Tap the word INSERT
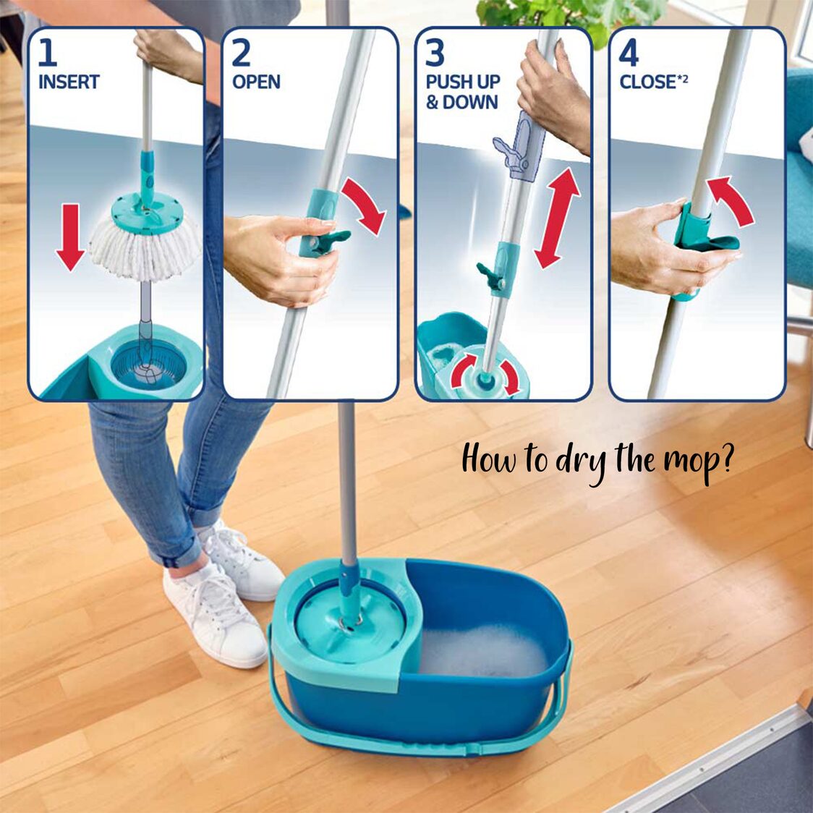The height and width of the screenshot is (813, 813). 69,82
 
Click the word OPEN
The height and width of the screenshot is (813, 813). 256,82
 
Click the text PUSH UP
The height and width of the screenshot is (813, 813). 463,82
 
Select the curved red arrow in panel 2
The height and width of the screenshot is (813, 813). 365,205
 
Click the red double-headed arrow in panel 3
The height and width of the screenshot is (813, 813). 558,217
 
